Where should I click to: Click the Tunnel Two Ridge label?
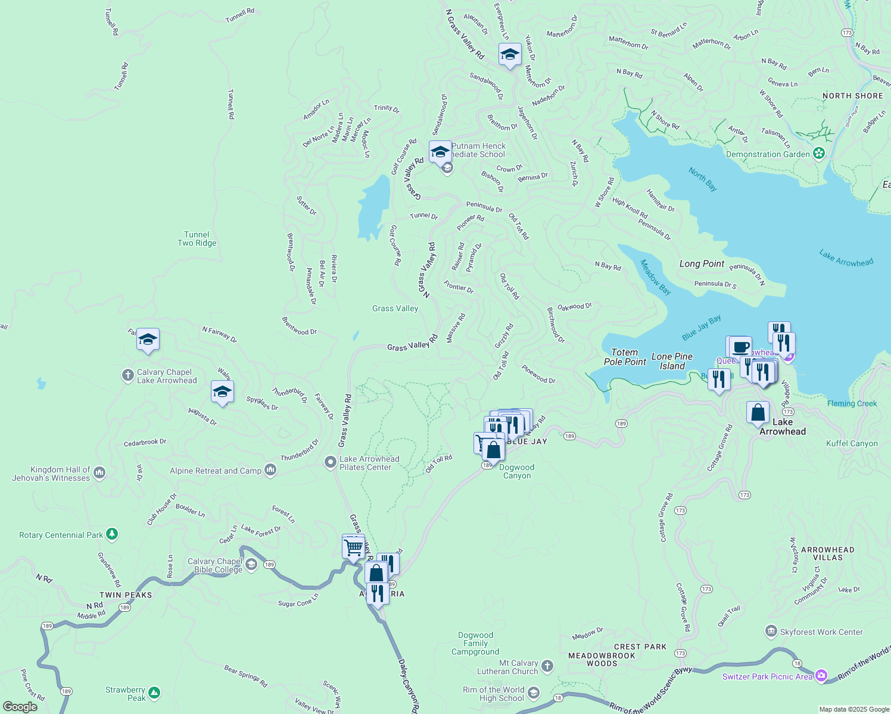(x=197, y=239)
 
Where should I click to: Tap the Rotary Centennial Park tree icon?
(x=111, y=534)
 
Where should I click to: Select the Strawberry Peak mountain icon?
(x=154, y=693)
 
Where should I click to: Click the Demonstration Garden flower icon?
(x=819, y=154)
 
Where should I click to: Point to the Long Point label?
(x=702, y=264)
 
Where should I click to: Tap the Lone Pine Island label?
(x=672, y=361)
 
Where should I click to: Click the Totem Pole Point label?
(x=625, y=357)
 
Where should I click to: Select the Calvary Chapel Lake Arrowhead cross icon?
(x=127, y=375)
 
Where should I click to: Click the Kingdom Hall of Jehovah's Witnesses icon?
(x=99, y=473)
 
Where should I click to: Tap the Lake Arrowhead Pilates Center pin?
(x=330, y=462)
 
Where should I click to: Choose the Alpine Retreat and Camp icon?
(x=270, y=470)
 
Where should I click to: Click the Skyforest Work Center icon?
(x=771, y=631)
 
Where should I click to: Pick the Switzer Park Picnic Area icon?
(x=821, y=675)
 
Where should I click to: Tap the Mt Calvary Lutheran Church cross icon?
(x=547, y=666)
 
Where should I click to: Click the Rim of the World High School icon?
(x=534, y=692)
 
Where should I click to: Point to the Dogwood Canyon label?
(x=517, y=471)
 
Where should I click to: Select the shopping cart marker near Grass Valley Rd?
(x=353, y=546)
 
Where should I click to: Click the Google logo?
(x=20, y=707)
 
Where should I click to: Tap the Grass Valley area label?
(x=395, y=308)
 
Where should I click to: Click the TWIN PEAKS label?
(x=126, y=595)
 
